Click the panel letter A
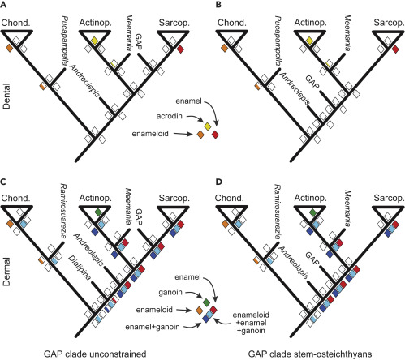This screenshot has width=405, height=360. tap(3, 6)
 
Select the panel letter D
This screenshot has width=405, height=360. tap(218, 182)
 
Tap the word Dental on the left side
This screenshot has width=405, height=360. tap(6, 96)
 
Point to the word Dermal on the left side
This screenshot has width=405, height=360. tap(6, 272)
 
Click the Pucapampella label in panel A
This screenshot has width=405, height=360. tap(65, 41)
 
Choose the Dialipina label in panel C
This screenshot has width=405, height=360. tap(80, 267)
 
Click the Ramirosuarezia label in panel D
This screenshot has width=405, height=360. tap(279, 212)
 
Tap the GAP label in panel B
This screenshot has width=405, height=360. tap(312, 82)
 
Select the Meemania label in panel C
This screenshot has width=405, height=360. tap(129, 206)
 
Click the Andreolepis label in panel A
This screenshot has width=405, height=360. tap(85, 81)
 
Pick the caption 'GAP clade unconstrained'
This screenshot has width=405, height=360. tap(95, 354)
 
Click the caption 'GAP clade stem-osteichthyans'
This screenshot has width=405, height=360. tap(310, 354)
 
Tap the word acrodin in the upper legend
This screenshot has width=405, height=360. tap(170, 116)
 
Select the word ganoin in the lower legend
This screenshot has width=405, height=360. tap(170, 293)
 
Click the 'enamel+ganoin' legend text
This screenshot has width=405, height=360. tap(153, 327)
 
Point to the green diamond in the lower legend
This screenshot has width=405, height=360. tap(206, 302)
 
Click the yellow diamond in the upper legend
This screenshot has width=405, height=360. tap(208, 126)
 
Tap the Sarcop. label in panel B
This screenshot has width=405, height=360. tap(389, 24)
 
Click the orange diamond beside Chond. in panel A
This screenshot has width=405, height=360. tap(10, 49)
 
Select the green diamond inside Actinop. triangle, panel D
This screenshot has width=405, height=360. tap(313, 212)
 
